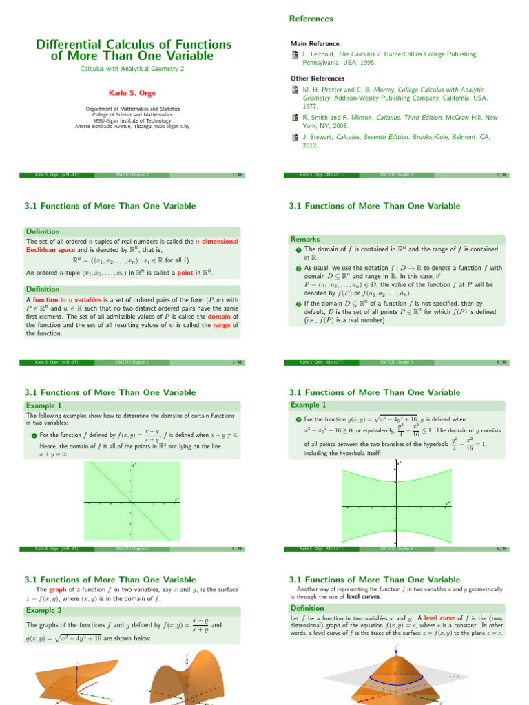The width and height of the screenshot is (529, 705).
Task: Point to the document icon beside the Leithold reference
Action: pos(294,54)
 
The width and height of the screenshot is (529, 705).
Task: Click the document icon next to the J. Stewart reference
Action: pos(294,137)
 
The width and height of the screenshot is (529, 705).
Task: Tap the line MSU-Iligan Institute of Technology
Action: pos(132,120)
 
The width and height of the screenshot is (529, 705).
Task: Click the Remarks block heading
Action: pos(305,239)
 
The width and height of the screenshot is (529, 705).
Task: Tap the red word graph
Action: pos(58,590)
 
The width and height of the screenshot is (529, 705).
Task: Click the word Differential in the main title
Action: pos(71,44)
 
